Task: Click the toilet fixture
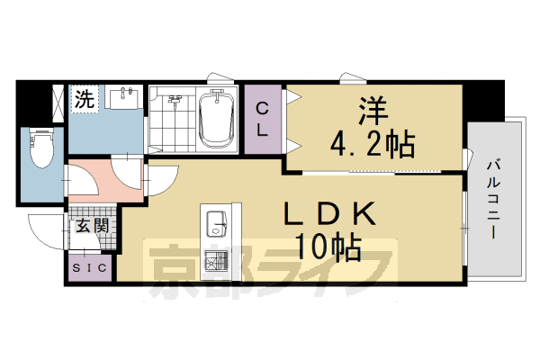(41, 148)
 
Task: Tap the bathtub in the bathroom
(214, 120)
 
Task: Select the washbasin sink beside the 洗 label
(125, 97)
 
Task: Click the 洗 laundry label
(84, 99)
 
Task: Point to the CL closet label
(263, 119)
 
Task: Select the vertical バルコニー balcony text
(494, 198)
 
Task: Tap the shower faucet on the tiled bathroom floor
(176, 99)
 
